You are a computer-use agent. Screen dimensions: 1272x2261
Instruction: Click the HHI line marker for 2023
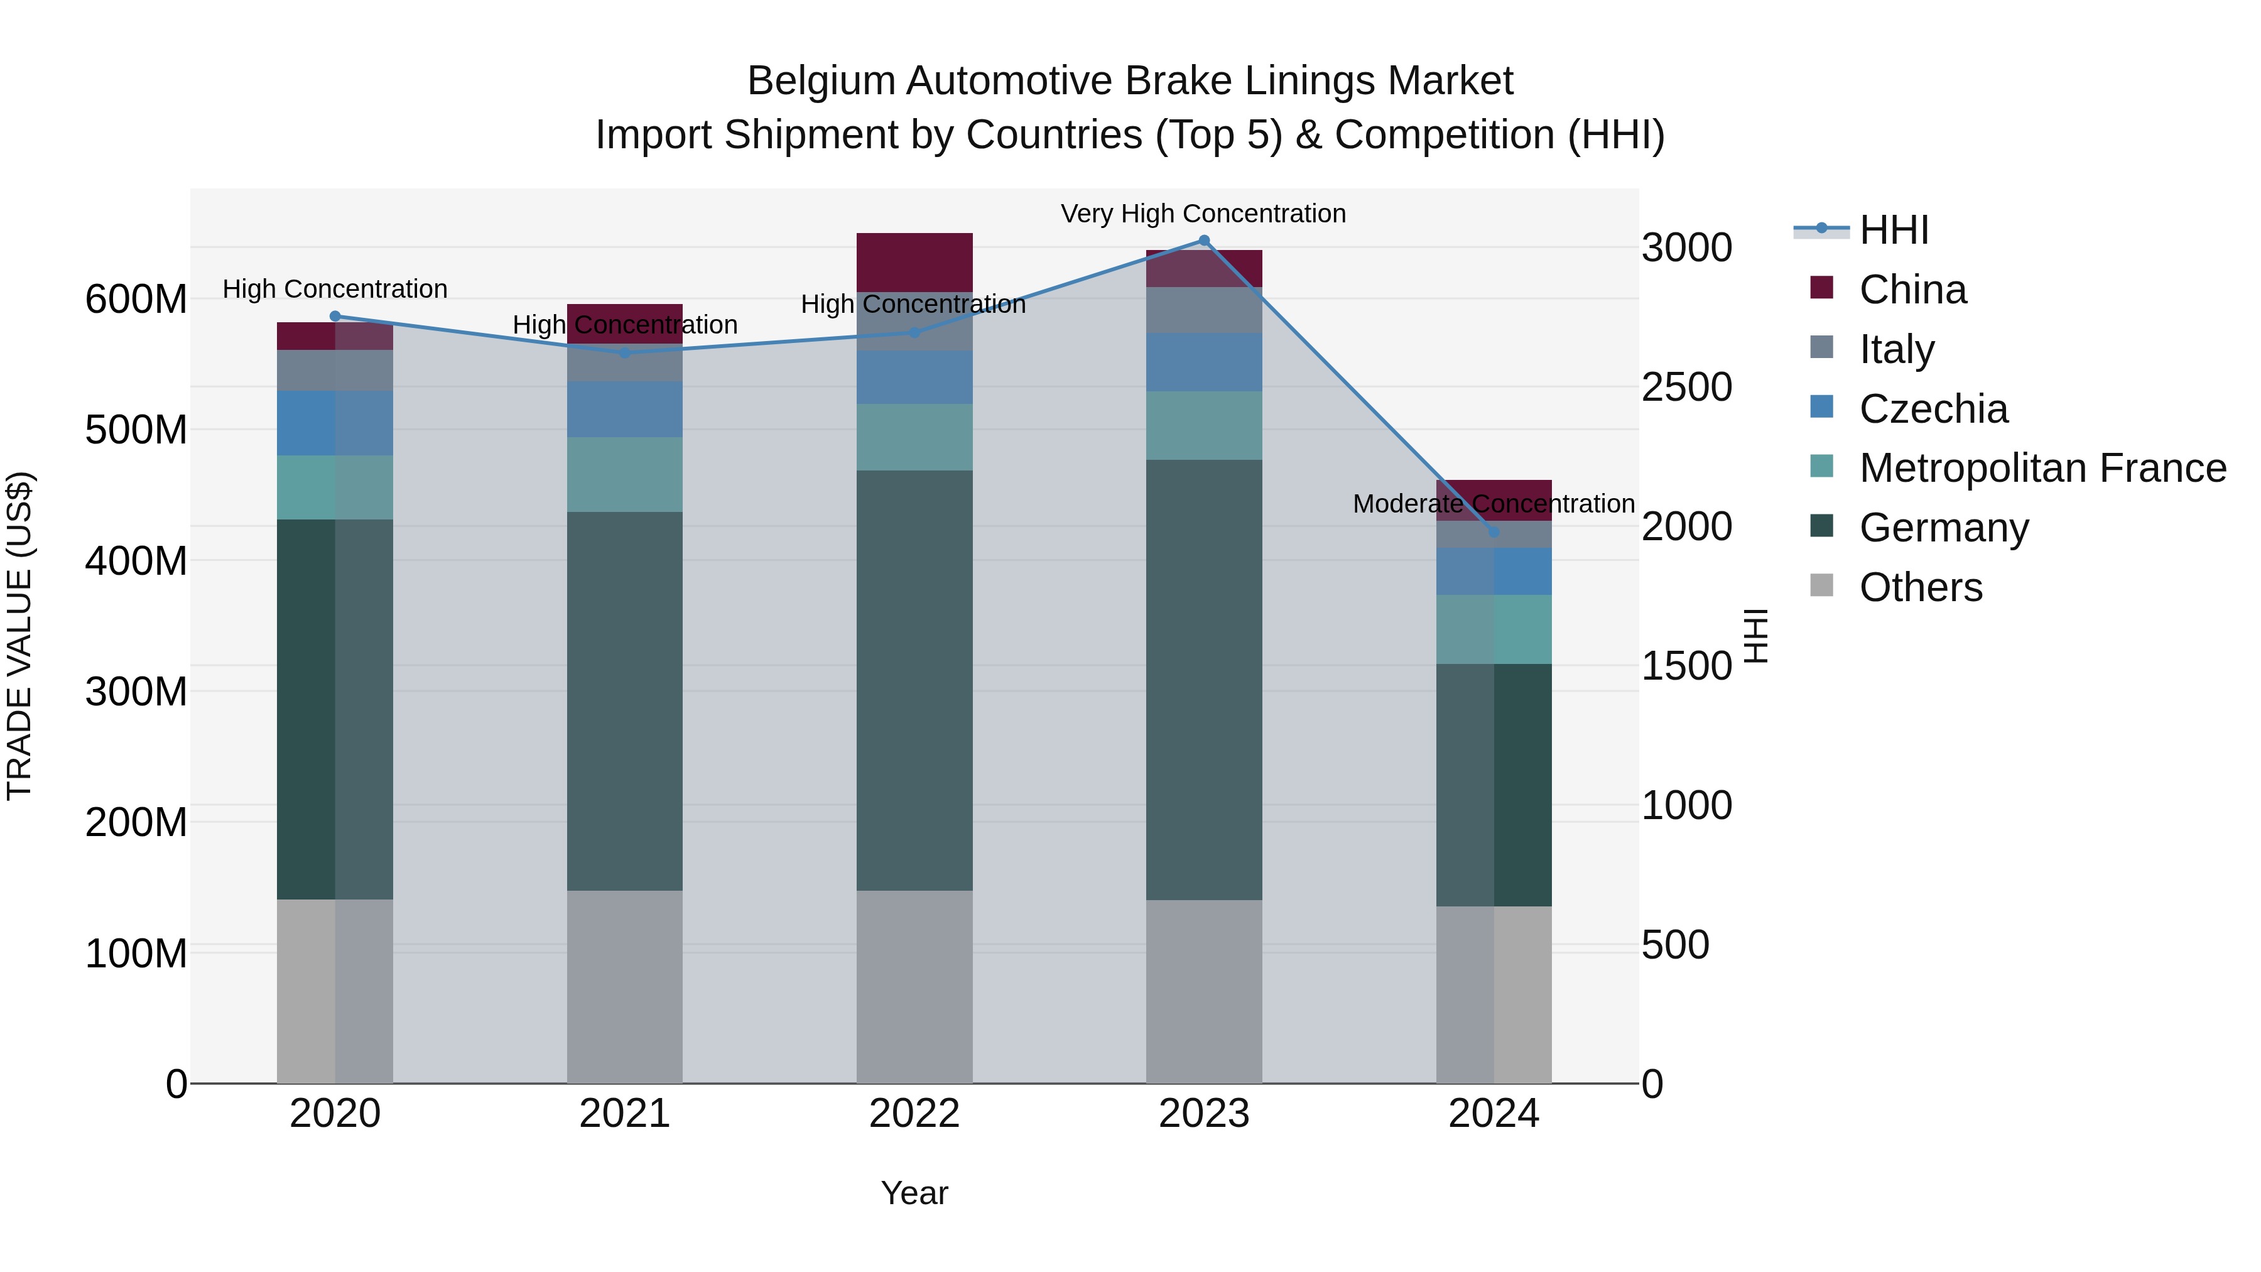(1203, 241)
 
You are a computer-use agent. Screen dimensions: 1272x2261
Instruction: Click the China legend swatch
(1821, 288)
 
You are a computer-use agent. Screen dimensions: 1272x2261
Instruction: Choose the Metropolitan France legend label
(2042, 468)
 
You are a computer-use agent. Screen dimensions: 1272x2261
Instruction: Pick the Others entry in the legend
(1921, 587)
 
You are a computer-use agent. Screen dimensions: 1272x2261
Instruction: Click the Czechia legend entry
(1933, 409)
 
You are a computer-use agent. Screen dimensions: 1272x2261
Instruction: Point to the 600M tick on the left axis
(136, 300)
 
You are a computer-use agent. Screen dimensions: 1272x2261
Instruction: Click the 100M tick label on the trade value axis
(136, 954)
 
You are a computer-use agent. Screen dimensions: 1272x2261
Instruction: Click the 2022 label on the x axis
(914, 1114)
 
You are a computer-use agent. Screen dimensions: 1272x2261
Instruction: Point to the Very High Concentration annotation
(1203, 214)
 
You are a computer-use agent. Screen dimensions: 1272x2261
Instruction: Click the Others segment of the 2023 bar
(1203, 991)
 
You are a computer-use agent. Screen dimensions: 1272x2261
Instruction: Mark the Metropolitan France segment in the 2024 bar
(1494, 629)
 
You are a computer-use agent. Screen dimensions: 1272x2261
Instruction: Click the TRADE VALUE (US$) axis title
(19, 636)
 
